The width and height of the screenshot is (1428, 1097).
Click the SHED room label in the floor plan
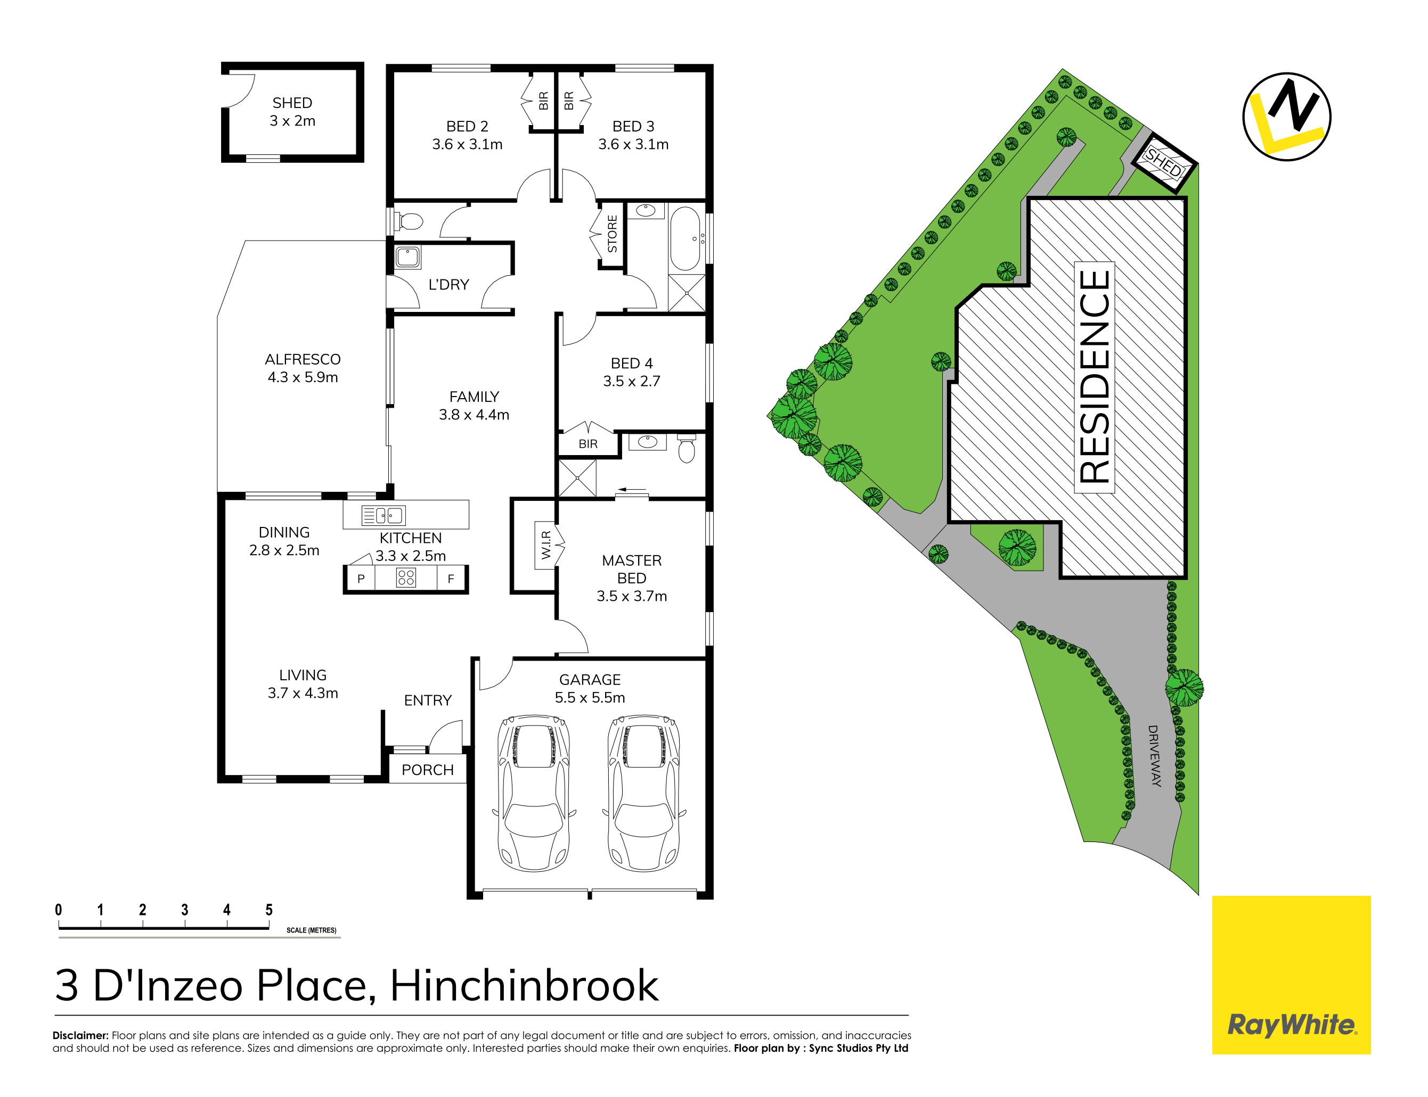(x=292, y=103)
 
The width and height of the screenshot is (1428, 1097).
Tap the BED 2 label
(x=467, y=127)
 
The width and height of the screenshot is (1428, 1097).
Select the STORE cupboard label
(x=612, y=234)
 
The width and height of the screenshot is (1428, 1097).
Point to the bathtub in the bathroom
(x=684, y=239)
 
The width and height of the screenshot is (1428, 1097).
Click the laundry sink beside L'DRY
(x=407, y=257)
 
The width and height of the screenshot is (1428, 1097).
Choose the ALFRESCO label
(x=303, y=359)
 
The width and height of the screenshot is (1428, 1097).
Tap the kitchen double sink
(x=383, y=515)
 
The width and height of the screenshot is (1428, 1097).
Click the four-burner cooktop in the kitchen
(x=406, y=577)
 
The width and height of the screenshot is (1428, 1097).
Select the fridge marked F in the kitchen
(x=451, y=579)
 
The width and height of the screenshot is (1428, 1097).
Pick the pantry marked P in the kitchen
(x=361, y=579)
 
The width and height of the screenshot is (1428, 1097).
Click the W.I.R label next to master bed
(x=546, y=545)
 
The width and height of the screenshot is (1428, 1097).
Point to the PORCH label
(x=427, y=770)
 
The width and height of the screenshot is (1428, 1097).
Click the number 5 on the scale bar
(x=268, y=910)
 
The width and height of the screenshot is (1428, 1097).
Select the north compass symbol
(x=1286, y=117)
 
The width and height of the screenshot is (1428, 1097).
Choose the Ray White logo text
(x=1292, y=1025)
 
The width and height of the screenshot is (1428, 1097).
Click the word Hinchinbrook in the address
(x=525, y=985)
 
